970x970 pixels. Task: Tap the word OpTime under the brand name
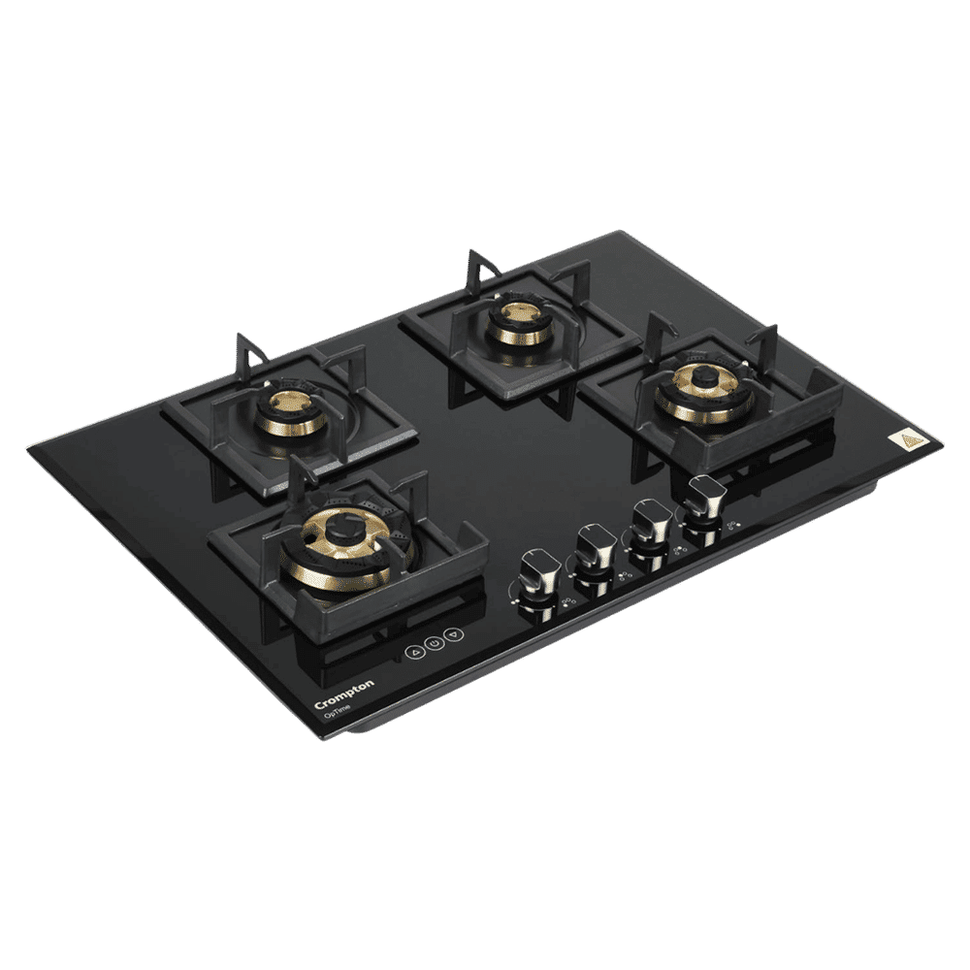click(339, 712)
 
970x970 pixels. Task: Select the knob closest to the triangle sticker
click(705, 501)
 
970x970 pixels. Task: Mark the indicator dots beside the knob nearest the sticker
click(734, 530)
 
